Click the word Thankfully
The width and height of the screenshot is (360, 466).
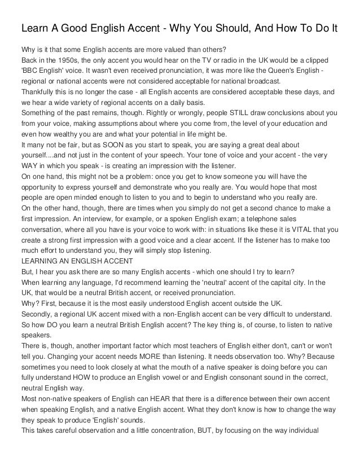coord(41,93)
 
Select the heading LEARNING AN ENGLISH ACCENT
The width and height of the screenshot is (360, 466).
coord(76,261)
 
